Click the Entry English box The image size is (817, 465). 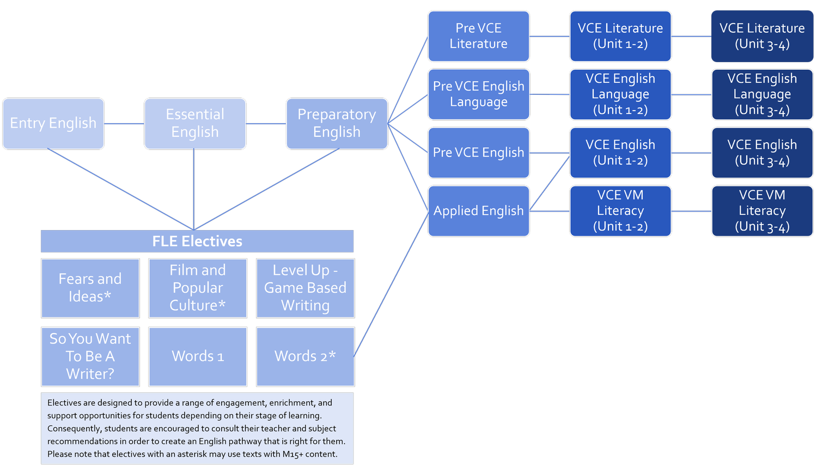click(53, 124)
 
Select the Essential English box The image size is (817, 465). click(195, 124)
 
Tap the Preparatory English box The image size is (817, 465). click(337, 124)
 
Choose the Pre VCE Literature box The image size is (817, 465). click(478, 36)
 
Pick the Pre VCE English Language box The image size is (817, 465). click(478, 94)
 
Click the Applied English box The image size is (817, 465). click(478, 211)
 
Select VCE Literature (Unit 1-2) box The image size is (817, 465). click(620, 36)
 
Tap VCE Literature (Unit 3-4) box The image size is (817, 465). click(762, 36)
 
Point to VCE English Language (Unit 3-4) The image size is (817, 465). click(762, 94)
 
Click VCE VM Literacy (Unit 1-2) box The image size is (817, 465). click(620, 211)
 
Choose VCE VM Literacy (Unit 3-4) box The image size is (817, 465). click(762, 211)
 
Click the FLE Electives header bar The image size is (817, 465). click(197, 241)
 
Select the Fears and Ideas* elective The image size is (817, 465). click(90, 288)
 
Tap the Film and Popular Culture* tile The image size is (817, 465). click(198, 288)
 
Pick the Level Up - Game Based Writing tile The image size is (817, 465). click(305, 288)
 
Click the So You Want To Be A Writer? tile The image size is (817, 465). click(90, 357)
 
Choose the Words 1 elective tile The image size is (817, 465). click(198, 357)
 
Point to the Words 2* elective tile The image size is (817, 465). click(305, 357)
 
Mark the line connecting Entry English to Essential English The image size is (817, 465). click(124, 124)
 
